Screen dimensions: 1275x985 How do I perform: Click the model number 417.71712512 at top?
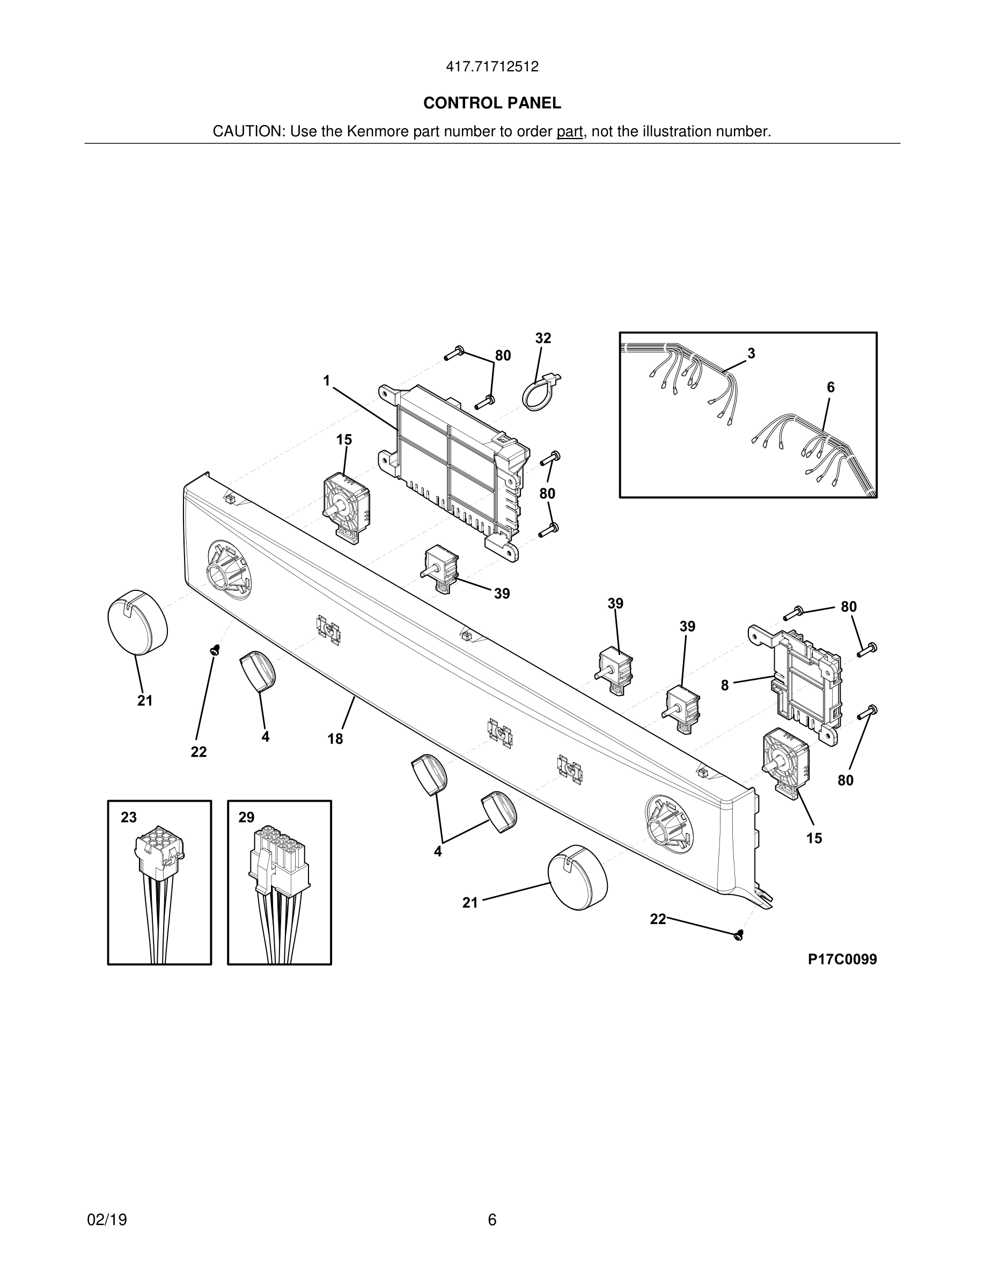coord(492,67)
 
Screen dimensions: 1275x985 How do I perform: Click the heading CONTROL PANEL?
coord(492,104)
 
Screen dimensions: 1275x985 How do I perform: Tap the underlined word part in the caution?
coord(570,132)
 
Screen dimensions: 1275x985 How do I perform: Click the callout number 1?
coord(327,381)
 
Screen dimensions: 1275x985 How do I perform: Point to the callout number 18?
coord(335,739)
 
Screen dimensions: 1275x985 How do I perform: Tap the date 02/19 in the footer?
coord(107,1220)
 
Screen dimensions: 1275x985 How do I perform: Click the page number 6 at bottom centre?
coord(492,1220)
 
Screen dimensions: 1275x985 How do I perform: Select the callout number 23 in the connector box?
coord(129,817)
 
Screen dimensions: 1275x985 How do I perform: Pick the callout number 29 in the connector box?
coord(246,817)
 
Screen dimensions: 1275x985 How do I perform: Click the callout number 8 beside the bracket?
coord(725,685)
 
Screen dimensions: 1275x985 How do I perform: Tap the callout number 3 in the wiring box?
coord(752,353)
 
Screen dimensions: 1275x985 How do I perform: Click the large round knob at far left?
coord(138,622)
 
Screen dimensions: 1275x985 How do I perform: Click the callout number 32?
coord(543,339)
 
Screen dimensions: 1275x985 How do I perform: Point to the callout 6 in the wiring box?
coord(830,387)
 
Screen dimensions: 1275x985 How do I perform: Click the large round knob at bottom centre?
coord(577,876)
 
